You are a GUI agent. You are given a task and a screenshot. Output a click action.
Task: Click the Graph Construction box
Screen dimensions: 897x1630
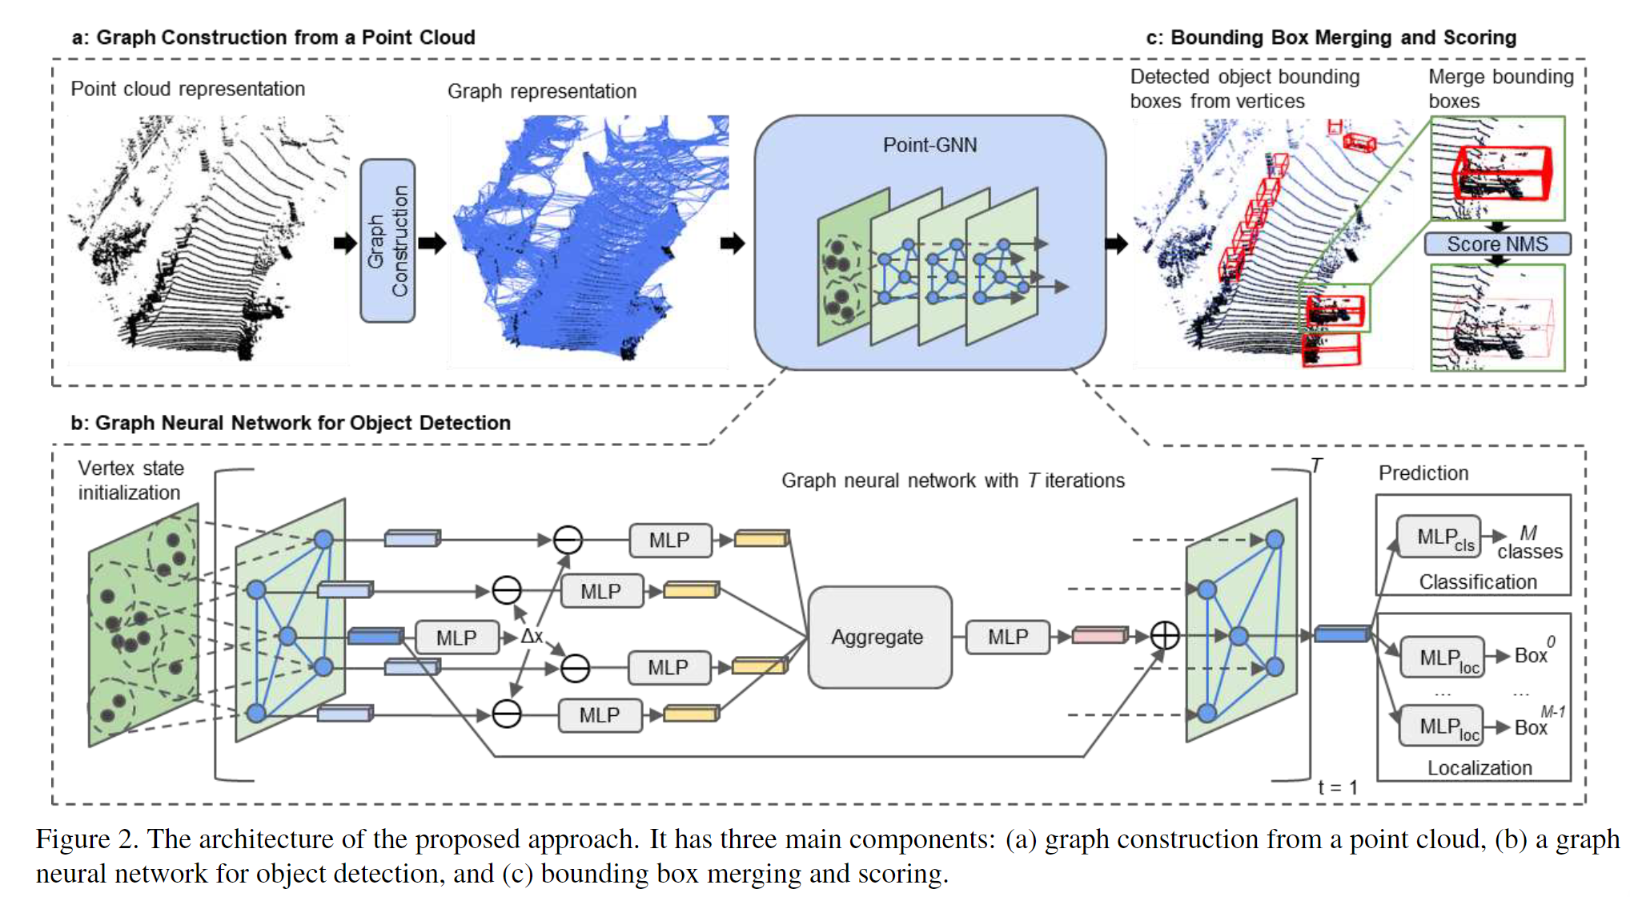pos(387,240)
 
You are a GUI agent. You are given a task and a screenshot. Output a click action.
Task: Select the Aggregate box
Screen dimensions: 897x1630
pos(879,638)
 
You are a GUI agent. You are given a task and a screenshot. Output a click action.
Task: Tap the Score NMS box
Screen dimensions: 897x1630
pos(1497,244)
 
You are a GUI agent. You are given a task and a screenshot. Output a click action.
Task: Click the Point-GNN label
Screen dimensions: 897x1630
pos(929,145)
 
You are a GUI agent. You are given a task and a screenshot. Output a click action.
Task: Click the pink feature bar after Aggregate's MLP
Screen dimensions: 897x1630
pos(1099,636)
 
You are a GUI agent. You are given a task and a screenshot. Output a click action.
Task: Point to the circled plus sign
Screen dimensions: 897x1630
pos(1165,636)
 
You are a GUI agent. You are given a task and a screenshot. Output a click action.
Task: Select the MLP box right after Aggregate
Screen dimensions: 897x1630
pos(1007,638)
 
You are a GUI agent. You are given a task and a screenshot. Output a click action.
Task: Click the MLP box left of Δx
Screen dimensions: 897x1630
pos(456,638)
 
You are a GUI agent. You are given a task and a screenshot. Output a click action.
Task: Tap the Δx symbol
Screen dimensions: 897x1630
pos(532,637)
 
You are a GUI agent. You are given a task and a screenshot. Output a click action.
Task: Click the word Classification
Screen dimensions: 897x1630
pos(1478,582)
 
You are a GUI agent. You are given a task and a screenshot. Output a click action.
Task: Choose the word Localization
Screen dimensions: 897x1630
pos(1479,768)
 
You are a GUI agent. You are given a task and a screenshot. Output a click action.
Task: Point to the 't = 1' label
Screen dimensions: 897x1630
pos(1338,788)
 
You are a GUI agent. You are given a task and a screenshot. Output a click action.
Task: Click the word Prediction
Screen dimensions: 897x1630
pos(1423,473)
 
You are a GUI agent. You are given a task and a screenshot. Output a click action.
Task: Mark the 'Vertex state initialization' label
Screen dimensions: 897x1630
pos(130,481)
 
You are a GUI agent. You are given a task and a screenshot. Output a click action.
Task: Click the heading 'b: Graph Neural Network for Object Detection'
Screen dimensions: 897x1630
pos(291,423)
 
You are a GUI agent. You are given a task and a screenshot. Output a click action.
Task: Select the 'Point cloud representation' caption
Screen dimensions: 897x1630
pos(187,89)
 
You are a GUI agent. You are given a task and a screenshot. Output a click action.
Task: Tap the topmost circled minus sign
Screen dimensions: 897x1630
pos(568,540)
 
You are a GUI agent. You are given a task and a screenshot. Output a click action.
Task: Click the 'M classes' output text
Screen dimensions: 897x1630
pos(1529,543)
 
